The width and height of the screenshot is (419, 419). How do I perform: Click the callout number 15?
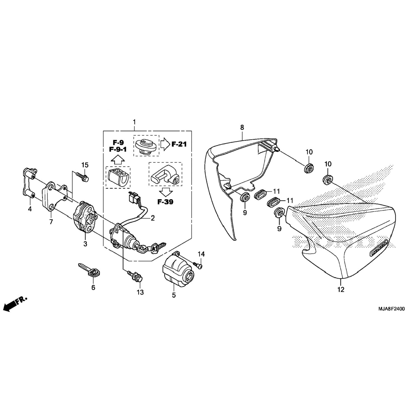coord(85,165)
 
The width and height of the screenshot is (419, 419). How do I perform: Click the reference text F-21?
coord(179,144)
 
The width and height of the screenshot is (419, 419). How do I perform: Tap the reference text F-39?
coord(165,202)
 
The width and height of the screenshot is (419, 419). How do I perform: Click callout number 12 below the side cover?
coord(341,290)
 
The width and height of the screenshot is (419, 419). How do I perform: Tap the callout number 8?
coord(242,128)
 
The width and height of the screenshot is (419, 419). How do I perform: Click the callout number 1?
coord(134,122)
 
